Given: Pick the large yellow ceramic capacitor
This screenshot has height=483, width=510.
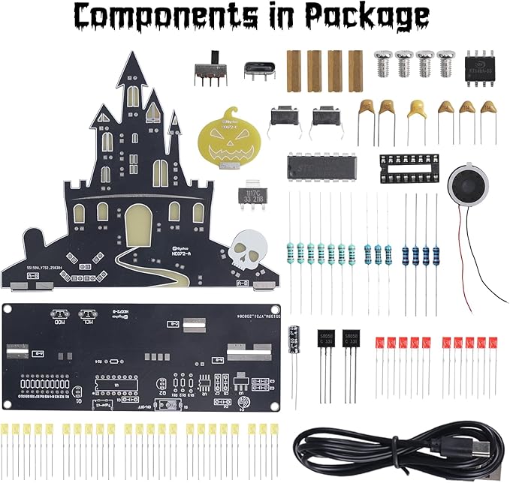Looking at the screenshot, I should pyautogui.click(x=417, y=110).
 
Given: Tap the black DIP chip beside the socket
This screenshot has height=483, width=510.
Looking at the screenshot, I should pyautogui.click(x=323, y=167).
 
